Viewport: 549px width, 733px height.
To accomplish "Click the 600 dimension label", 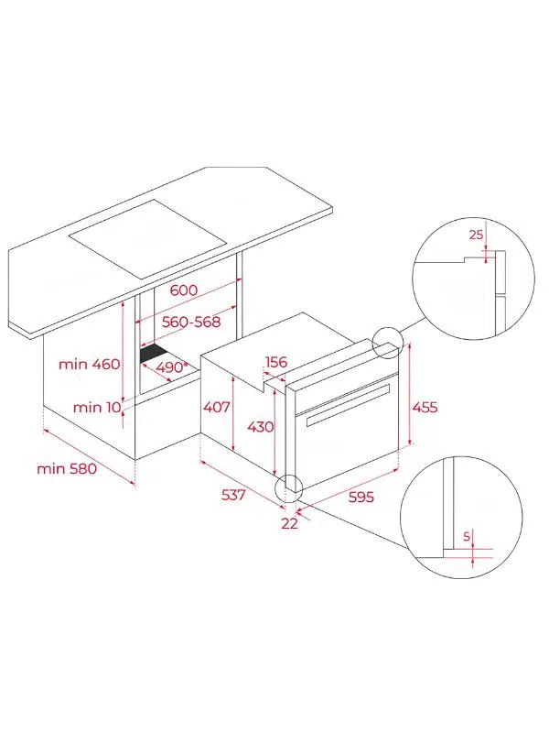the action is (184, 290).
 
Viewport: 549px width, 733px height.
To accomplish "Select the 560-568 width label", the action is (191, 323).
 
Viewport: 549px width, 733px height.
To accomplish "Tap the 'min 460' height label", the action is (89, 364).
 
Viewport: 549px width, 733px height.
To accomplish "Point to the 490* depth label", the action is (170, 367).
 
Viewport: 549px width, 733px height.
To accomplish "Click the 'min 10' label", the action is (97, 407).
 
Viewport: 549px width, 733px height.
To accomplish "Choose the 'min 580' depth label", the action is (67, 468).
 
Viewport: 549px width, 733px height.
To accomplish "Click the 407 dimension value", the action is (217, 407).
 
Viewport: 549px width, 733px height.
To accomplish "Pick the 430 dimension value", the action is (260, 427).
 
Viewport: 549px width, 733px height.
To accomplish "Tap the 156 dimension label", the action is (276, 362).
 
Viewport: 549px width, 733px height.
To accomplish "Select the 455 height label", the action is (425, 407).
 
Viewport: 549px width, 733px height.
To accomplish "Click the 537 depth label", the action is (233, 495).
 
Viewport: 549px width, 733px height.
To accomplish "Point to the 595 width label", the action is (361, 497).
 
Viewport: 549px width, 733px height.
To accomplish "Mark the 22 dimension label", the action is (289, 523).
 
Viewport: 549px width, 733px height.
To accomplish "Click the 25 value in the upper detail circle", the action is (476, 235).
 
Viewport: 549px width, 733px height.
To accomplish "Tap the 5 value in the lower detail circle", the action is (467, 537).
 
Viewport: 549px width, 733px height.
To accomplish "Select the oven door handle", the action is (349, 405).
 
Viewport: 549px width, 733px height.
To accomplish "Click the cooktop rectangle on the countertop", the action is (147, 239).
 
